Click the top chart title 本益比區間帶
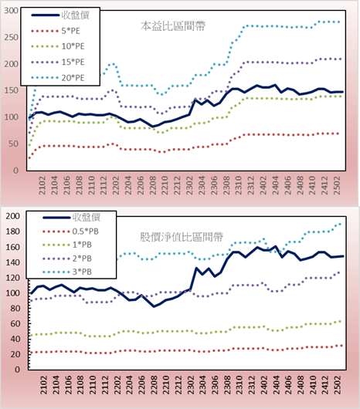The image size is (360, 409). click(x=173, y=26)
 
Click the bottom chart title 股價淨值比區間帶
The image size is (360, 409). click(x=182, y=237)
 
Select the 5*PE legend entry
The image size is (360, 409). click(x=56, y=31)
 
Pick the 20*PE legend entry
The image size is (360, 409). click(x=58, y=78)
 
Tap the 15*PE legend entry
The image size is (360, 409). click(x=58, y=62)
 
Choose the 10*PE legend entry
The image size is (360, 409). click(x=58, y=46)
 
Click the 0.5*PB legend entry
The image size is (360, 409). click(x=70, y=232)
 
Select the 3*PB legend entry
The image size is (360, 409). click(x=67, y=272)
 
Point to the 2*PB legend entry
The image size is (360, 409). click(x=67, y=259)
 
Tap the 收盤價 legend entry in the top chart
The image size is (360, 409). click(x=60, y=15)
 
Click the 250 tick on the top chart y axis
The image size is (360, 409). click(x=11, y=37)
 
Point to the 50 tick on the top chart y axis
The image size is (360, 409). click(x=13, y=144)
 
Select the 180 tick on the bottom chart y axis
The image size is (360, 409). click(x=12, y=232)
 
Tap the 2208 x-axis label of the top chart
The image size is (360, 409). click(x=152, y=185)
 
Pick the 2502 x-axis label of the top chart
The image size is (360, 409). click(x=337, y=185)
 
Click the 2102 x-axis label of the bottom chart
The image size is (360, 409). click(x=44, y=385)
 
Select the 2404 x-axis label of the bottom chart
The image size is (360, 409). click(x=276, y=385)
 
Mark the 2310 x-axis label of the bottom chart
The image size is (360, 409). click(x=239, y=385)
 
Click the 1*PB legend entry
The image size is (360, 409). click(x=67, y=245)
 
